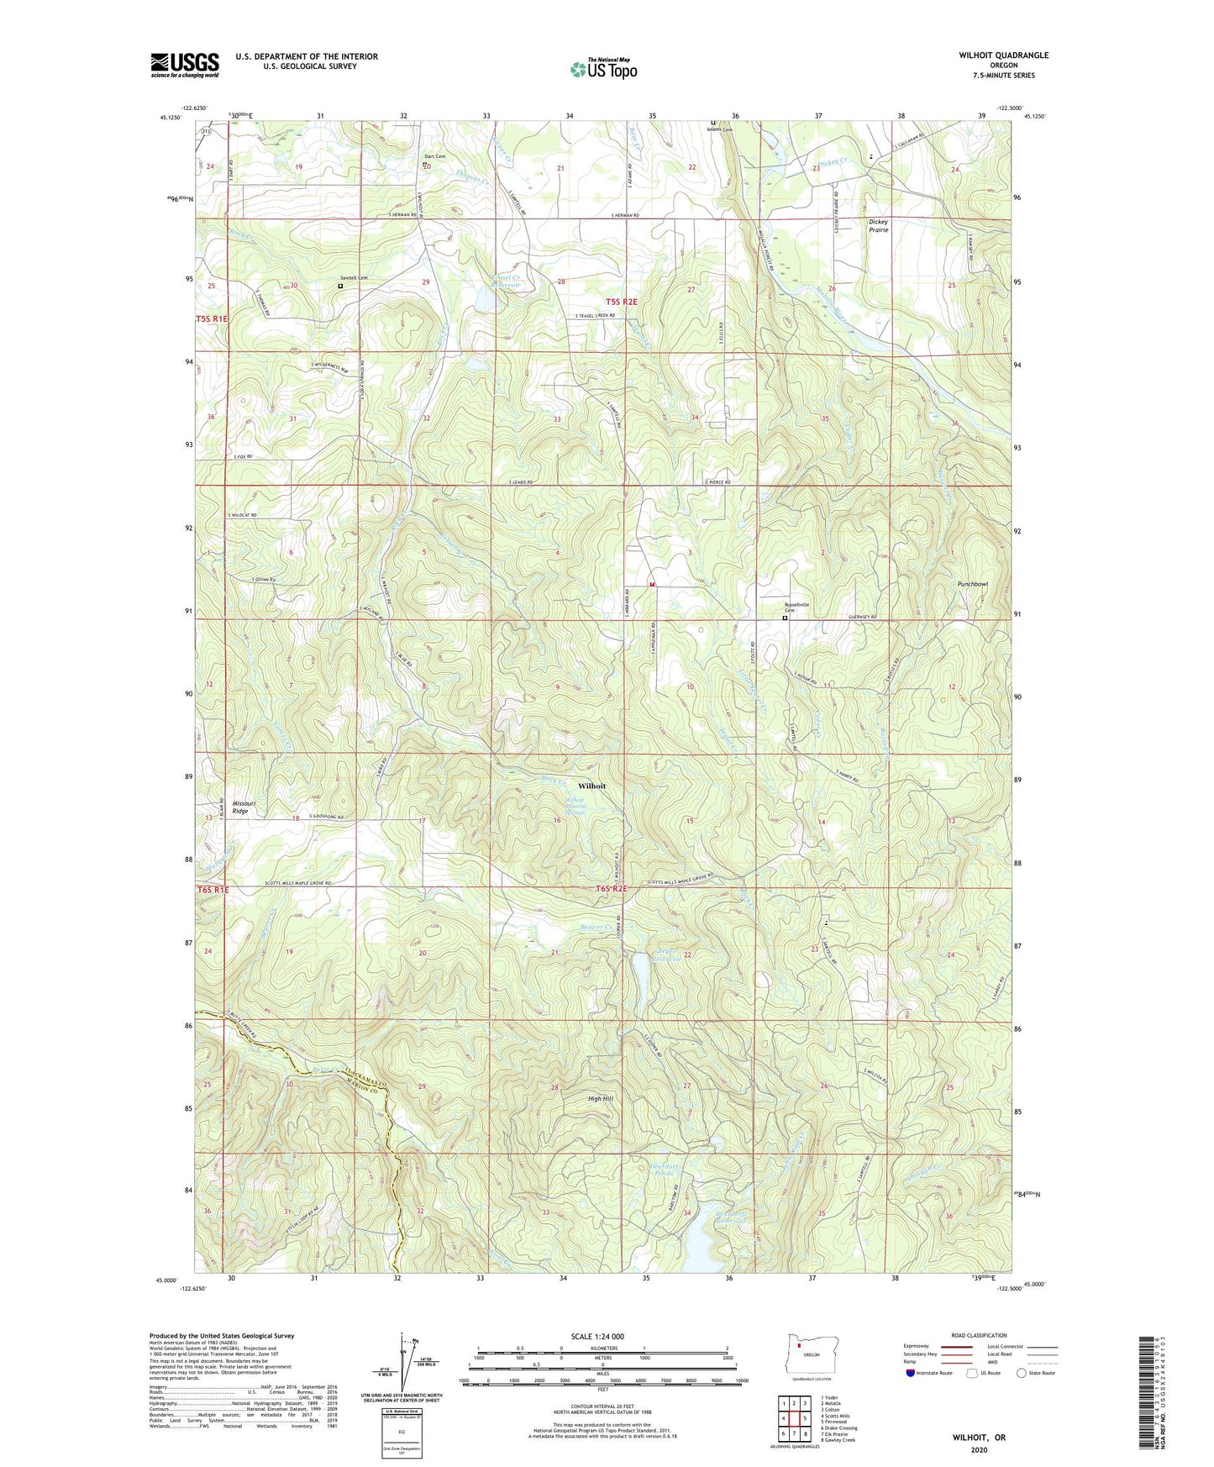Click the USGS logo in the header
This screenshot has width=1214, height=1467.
click(185, 65)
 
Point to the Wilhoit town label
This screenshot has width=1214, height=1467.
click(591, 786)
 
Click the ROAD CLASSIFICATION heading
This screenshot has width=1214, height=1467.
click(979, 1335)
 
